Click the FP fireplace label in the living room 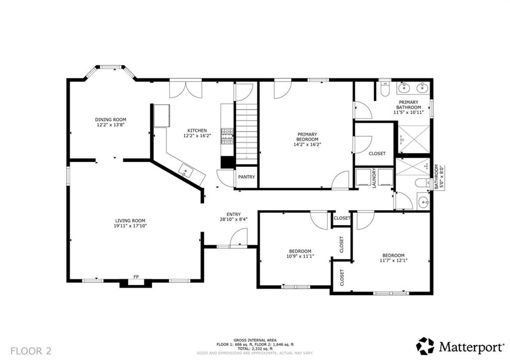(x=135, y=276)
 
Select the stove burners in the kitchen (x=227, y=136)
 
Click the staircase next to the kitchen (x=246, y=133)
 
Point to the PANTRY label (x=246, y=177)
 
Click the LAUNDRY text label (x=373, y=178)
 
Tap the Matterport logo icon (x=425, y=346)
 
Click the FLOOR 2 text (x=31, y=351)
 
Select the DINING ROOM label (x=111, y=120)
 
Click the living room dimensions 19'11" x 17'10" (x=130, y=226)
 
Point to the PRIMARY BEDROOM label (x=307, y=137)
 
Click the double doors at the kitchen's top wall (x=186, y=90)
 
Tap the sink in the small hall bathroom (x=423, y=202)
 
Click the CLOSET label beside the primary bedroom (x=377, y=153)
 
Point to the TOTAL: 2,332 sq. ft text (x=255, y=348)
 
